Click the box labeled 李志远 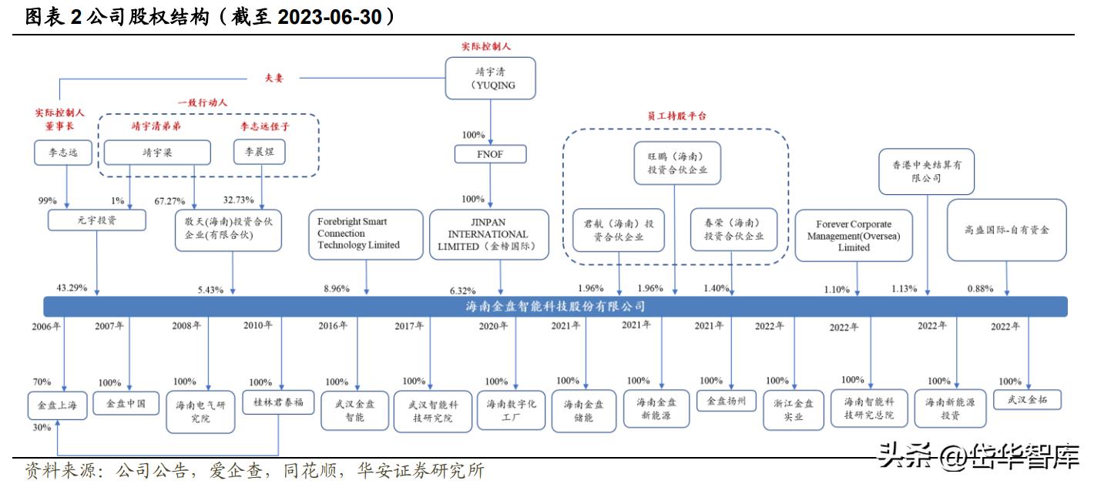click(x=62, y=153)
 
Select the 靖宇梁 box click(x=156, y=153)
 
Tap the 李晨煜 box click(x=259, y=153)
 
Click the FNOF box click(x=490, y=155)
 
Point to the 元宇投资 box click(x=96, y=220)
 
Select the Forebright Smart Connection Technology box click(x=365, y=234)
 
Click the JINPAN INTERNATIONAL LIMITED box click(x=488, y=234)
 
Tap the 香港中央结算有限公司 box click(x=926, y=171)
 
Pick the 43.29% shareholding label click(x=72, y=288)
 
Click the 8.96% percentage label click(x=336, y=289)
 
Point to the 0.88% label click(x=980, y=289)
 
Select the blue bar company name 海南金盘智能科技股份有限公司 click(x=555, y=307)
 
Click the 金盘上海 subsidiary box click(x=59, y=404)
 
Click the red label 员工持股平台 click(x=676, y=116)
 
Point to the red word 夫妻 click(x=274, y=78)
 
